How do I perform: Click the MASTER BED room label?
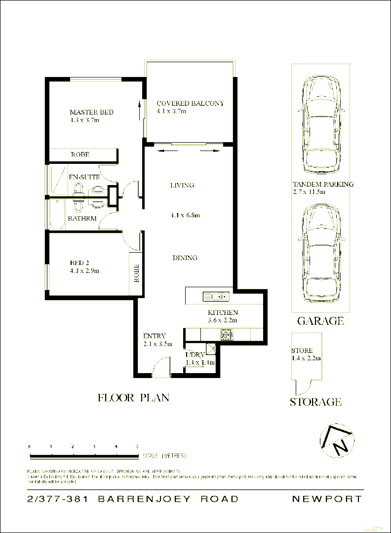click(x=91, y=112)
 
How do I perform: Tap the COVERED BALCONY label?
click(x=190, y=103)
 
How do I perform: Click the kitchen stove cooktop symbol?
click(x=226, y=335)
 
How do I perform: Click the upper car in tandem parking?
click(x=321, y=125)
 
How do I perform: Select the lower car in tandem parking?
click(x=321, y=254)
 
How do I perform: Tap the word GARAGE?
click(x=320, y=321)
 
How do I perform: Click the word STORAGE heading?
click(x=315, y=402)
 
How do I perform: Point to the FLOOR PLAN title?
click(x=133, y=398)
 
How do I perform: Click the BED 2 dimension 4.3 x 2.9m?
click(x=84, y=271)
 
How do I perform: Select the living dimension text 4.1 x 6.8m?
click(x=185, y=215)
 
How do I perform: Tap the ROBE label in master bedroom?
click(x=80, y=154)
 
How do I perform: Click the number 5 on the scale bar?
click(x=137, y=446)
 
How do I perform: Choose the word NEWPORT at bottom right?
click(x=327, y=499)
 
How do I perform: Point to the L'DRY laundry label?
click(x=194, y=355)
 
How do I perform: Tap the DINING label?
click(x=185, y=258)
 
